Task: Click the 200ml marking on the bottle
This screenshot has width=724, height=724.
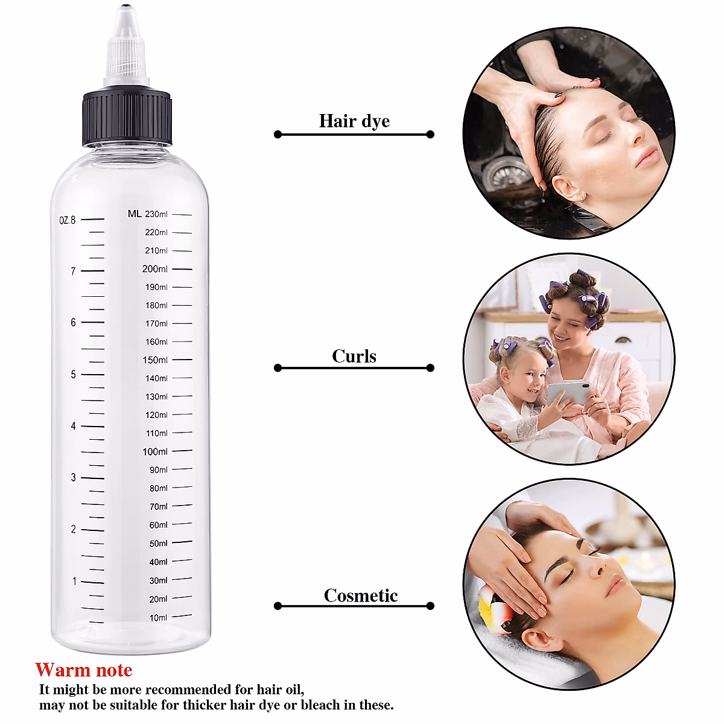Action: coord(155,269)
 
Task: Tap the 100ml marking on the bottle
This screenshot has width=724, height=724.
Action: coord(155,452)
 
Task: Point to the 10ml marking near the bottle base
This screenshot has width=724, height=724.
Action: coord(158,618)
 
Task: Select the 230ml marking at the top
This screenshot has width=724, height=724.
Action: coord(156,214)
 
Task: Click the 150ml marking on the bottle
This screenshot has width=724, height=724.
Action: coord(155,360)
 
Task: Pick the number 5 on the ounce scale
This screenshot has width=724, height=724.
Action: coord(74,375)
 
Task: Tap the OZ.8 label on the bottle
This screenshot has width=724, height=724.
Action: coord(68,220)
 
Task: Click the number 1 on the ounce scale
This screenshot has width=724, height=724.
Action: coord(75,582)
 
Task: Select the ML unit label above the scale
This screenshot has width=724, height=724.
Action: coord(135,214)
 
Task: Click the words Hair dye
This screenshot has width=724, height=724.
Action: coord(354,121)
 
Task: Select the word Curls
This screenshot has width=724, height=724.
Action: coord(354,357)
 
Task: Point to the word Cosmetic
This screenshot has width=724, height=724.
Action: coord(361,596)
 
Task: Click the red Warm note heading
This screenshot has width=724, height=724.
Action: coord(84,670)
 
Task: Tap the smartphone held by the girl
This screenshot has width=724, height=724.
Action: coord(568,393)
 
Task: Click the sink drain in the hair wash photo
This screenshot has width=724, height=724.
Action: coord(503,174)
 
